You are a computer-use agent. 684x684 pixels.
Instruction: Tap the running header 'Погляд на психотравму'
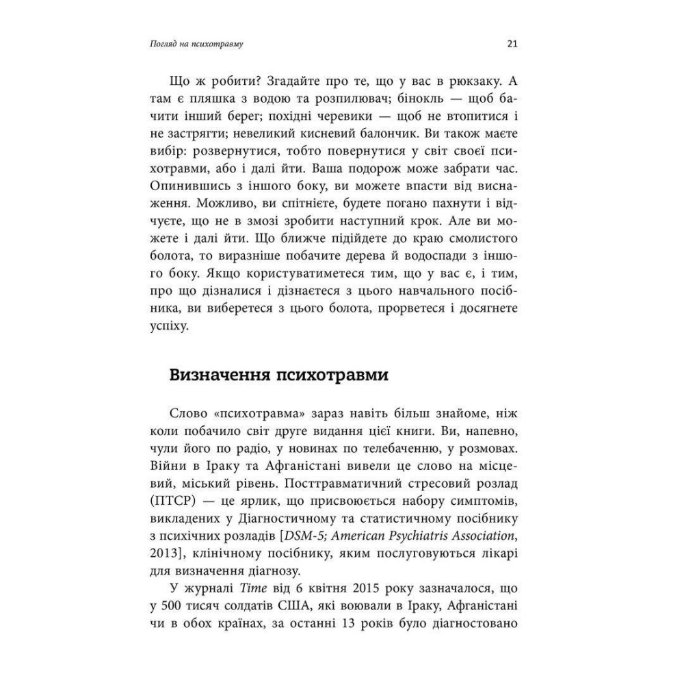pos(197,46)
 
